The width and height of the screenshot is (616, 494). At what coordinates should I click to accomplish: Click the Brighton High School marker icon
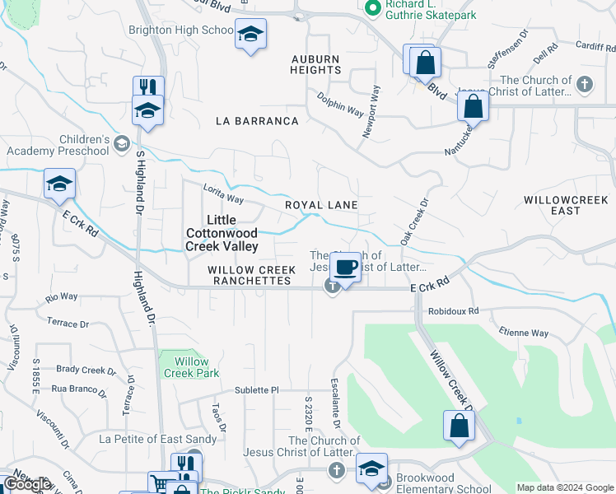tap(250, 35)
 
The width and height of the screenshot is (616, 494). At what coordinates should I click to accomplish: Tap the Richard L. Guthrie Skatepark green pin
tap(372, 8)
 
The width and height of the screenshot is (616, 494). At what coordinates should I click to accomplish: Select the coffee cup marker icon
tap(347, 267)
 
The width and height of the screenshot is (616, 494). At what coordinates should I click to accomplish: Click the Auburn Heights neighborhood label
tap(315, 64)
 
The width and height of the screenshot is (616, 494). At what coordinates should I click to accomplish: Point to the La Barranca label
tap(257, 121)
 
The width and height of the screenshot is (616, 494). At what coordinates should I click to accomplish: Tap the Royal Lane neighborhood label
tap(321, 204)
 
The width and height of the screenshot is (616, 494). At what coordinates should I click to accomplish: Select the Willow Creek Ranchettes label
tap(250, 275)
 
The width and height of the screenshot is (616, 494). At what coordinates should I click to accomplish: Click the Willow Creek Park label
tap(192, 367)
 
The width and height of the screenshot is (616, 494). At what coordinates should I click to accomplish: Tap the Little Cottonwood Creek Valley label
tap(222, 233)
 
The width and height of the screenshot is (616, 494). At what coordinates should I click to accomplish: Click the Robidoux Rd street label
tap(453, 311)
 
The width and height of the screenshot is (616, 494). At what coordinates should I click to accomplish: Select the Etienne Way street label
tap(523, 333)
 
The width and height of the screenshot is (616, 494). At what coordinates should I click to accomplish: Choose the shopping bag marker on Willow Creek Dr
tap(459, 426)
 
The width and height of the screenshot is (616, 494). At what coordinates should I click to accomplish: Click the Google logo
tap(27, 484)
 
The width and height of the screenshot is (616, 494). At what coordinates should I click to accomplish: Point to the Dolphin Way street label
tap(341, 104)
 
